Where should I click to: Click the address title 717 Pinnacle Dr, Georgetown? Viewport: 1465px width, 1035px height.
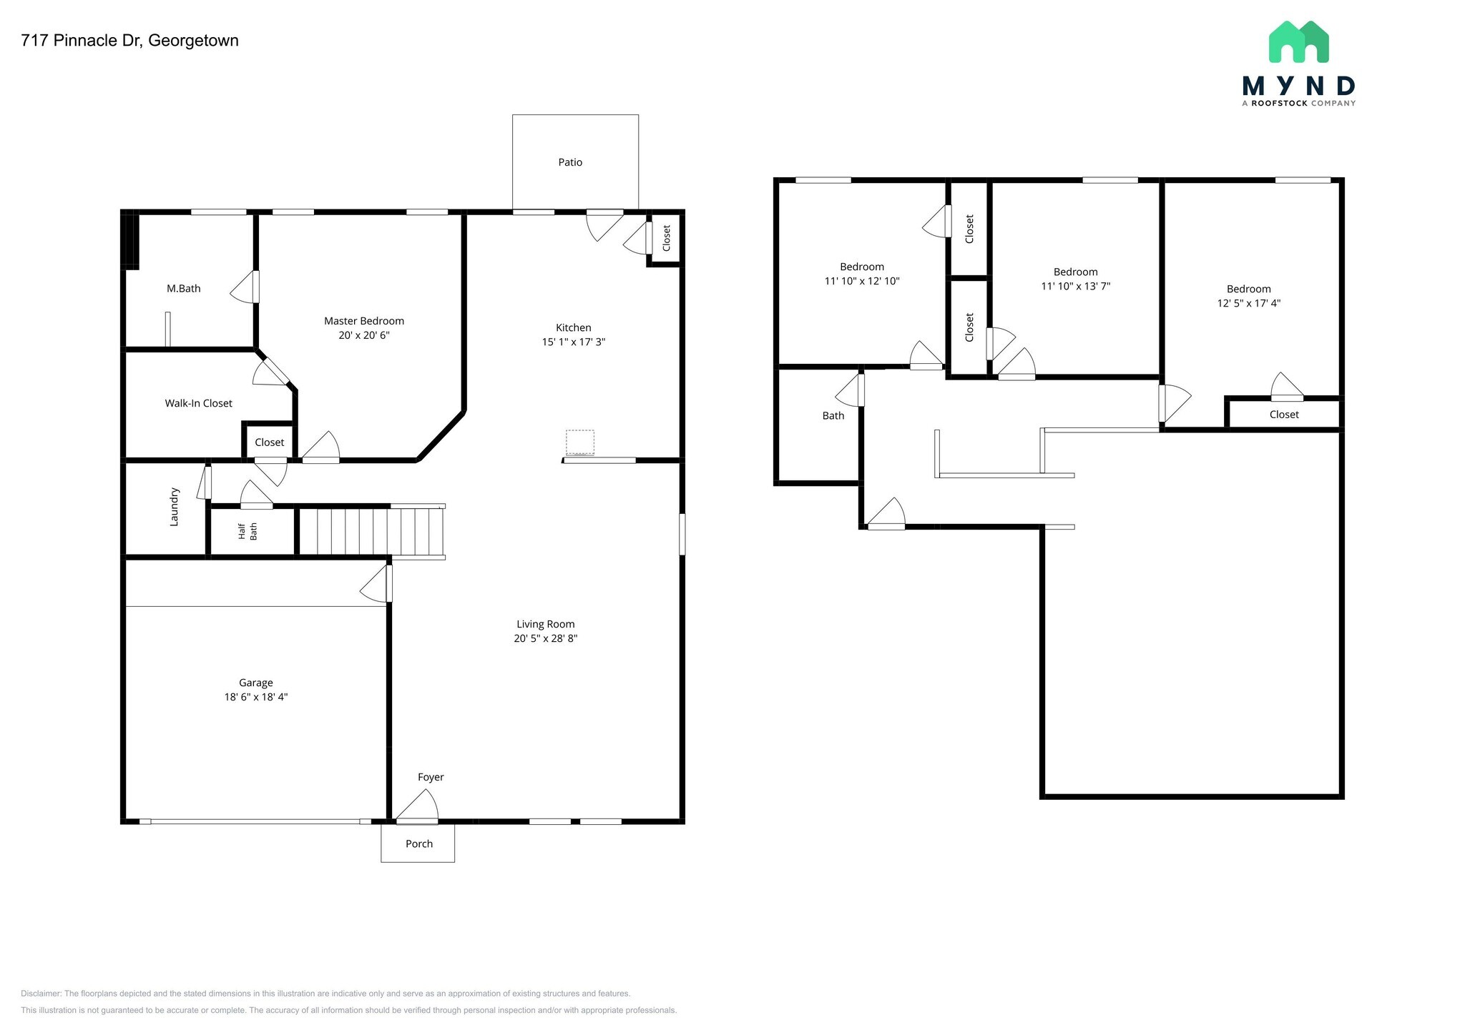click(x=129, y=41)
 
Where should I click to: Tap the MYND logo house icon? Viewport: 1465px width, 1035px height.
click(x=1298, y=43)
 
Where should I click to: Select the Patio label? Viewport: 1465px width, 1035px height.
click(x=570, y=162)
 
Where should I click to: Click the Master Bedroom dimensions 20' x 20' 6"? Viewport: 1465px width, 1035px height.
click(x=364, y=335)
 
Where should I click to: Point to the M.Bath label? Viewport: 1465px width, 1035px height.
click(x=184, y=289)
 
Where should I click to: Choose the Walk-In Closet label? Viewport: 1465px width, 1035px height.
click(x=198, y=403)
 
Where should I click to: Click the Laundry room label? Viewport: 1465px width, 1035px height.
click(x=174, y=507)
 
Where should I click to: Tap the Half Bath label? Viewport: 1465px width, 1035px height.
click(x=248, y=531)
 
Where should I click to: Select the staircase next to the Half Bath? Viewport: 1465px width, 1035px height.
click(x=371, y=531)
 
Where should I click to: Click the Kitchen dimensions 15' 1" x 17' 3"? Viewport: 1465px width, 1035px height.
click(x=574, y=342)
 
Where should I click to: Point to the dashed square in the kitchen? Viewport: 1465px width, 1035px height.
click(x=580, y=442)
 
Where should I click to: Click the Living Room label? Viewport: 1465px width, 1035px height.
click(x=546, y=624)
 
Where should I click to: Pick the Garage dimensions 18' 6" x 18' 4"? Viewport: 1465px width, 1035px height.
click(x=256, y=697)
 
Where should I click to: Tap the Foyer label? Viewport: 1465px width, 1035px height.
click(x=431, y=777)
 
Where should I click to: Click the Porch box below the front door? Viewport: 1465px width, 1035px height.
click(x=418, y=843)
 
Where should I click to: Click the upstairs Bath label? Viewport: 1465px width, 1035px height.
click(x=833, y=415)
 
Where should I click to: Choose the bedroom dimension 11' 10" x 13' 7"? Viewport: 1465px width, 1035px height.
click(x=1076, y=286)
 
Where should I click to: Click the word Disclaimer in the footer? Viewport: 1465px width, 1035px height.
click(x=41, y=994)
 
